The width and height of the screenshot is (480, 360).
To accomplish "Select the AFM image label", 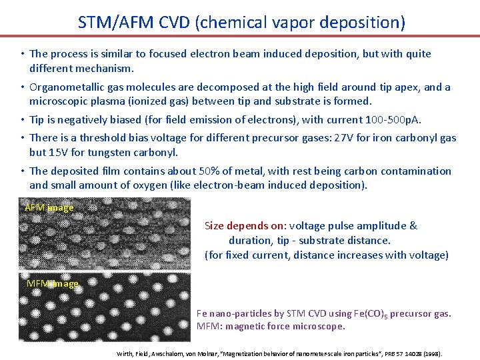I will (49, 207).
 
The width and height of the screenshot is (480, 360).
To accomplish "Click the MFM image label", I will (52, 283).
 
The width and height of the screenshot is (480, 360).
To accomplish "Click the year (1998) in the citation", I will (433, 353).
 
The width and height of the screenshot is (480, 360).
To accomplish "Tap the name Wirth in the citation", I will (124, 353).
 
